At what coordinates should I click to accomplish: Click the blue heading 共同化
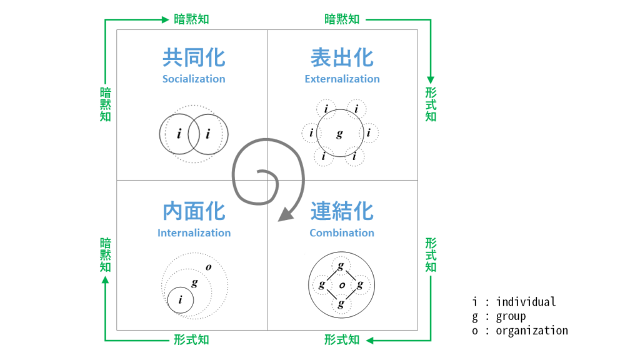point(194,57)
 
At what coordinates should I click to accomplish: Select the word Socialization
point(194,79)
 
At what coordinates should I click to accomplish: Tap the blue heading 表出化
point(342,57)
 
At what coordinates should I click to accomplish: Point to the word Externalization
point(342,79)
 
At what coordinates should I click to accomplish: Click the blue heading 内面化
point(194,211)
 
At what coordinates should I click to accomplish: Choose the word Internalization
point(194,233)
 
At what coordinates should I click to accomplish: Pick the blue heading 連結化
point(342,211)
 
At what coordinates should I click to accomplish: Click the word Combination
point(342,233)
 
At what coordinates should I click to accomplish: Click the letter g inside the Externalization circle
point(339,134)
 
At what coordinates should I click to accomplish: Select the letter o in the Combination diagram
point(341,285)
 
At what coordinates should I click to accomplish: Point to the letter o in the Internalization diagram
point(208,267)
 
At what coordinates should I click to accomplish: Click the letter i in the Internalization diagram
point(181,301)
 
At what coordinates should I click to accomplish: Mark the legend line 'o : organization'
point(520,331)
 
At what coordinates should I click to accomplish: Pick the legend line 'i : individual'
point(514,302)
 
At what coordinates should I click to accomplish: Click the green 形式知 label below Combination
point(342,340)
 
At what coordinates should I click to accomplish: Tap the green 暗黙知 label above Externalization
point(342,19)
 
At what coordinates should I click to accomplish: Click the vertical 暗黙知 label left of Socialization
point(105,104)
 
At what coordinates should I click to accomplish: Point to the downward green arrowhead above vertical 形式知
point(431,80)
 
